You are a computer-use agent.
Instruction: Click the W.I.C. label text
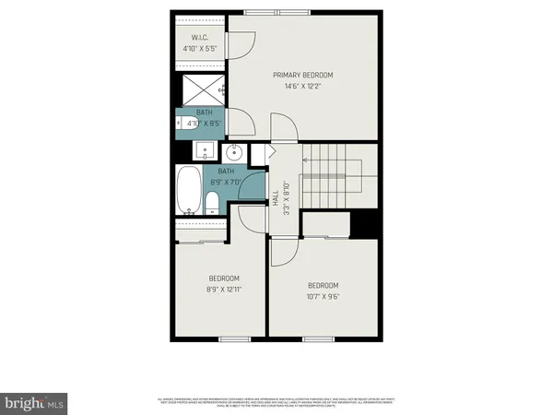[201, 38]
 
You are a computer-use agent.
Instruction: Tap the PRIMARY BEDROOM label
[302, 75]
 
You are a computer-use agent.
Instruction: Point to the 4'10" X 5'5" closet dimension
[201, 48]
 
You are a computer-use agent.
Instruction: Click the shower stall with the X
[201, 89]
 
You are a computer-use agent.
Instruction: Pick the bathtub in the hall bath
[187, 192]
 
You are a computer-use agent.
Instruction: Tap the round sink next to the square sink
[235, 151]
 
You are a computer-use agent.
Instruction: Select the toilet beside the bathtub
[211, 202]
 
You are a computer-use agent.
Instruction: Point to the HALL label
[275, 198]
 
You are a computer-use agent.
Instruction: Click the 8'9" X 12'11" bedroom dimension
[224, 289]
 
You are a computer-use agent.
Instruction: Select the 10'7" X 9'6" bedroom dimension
[323, 296]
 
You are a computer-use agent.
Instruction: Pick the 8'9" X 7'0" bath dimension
[227, 182]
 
